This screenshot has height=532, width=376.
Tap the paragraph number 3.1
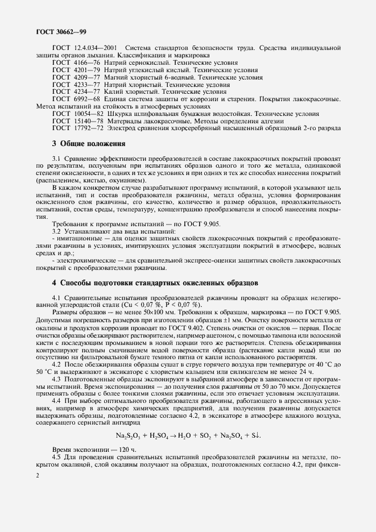pyautogui.click(x=56, y=155)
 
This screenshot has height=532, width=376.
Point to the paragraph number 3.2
pyautogui.click(x=56, y=231)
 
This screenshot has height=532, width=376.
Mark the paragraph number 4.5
pyautogui.click(x=56, y=456)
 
